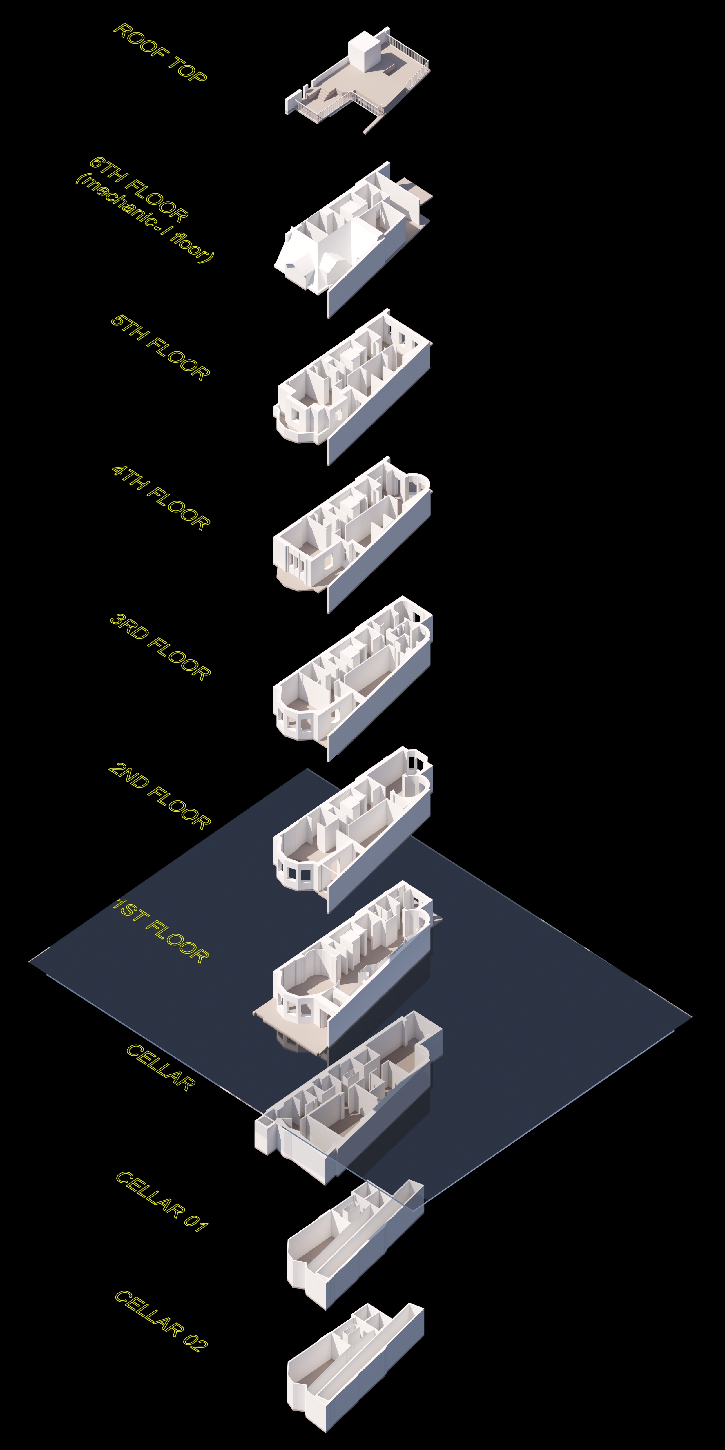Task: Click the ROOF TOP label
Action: (x=160, y=52)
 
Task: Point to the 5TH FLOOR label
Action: (x=160, y=347)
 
